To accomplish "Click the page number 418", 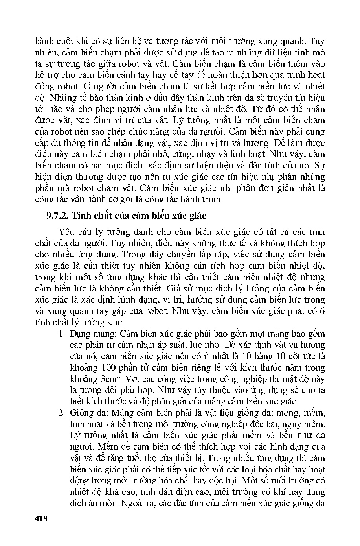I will click(x=41, y=518).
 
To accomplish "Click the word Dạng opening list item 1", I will click(x=80, y=334).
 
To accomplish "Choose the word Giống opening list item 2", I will click(x=81, y=413).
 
